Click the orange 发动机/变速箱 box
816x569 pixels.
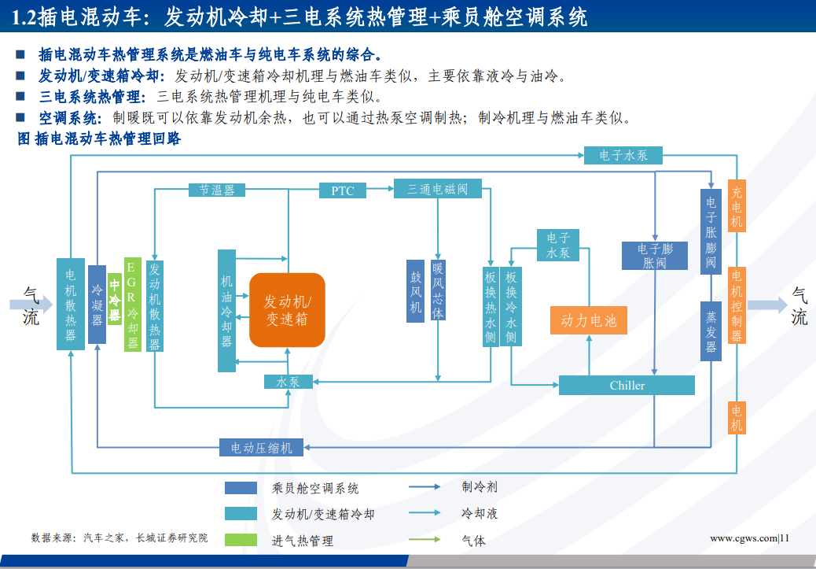[287, 310]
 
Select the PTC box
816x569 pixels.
[343, 190]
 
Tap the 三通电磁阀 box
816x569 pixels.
[437, 189]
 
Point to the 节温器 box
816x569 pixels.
[217, 190]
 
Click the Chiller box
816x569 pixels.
[627, 385]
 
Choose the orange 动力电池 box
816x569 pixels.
[588, 320]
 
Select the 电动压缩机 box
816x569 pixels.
[261, 448]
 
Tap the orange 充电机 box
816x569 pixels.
[737, 206]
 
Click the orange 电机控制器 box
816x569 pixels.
[737, 305]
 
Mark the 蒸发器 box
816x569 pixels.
[711, 331]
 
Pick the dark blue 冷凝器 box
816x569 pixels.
[97, 304]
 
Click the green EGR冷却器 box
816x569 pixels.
[133, 304]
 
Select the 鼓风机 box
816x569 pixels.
[415, 293]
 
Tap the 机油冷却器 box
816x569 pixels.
[226, 310]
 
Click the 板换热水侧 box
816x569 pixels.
[491, 307]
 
